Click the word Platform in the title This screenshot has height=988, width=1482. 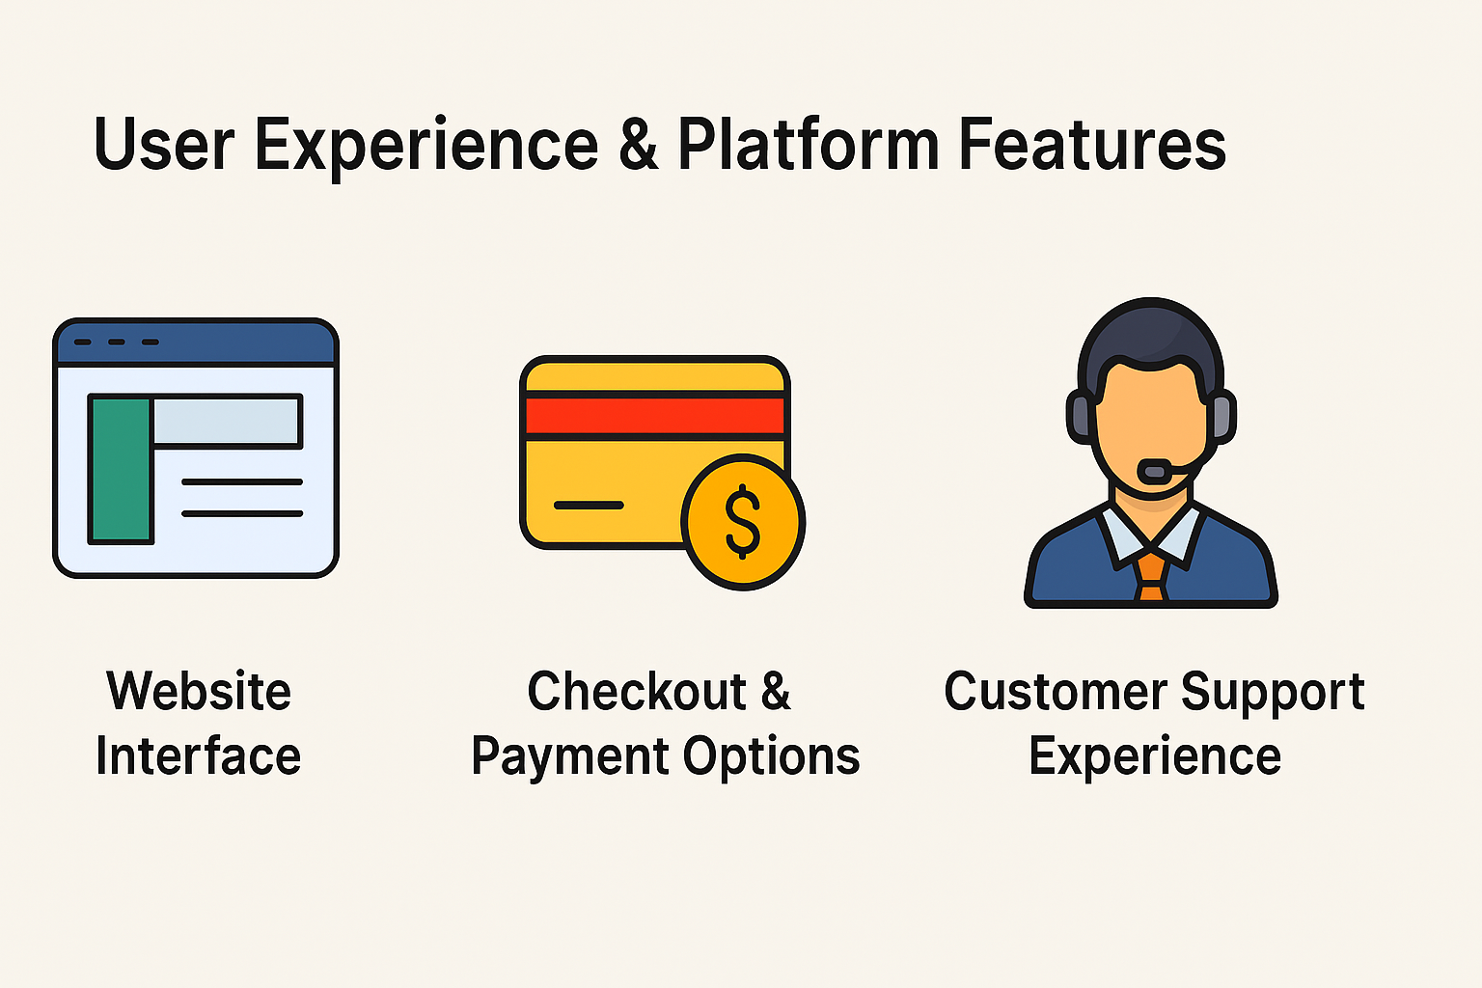(809, 144)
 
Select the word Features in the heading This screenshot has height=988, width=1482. (1091, 144)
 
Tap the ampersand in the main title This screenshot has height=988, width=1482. (639, 144)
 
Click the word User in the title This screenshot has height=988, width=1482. (164, 144)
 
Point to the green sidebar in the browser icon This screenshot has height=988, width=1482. (121, 469)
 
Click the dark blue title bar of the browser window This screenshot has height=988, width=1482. (196, 343)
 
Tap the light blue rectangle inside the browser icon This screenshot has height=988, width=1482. (226, 421)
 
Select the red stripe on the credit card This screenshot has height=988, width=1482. (655, 416)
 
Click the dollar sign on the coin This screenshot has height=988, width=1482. (742, 521)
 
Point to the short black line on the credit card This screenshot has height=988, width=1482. (589, 506)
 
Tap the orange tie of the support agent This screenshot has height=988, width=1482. (1151, 577)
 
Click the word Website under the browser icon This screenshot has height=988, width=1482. (199, 692)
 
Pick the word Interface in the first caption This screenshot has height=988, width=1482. (199, 755)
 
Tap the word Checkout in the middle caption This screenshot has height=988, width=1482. (637, 692)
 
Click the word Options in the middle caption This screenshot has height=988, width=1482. (772, 757)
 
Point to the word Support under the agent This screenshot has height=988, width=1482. (1273, 694)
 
